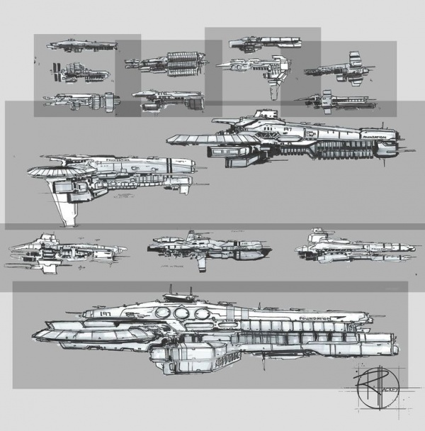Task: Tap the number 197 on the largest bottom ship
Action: (108, 311)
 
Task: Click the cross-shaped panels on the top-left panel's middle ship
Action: (56, 71)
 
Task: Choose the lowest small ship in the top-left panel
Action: (81, 99)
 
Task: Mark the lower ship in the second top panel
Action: (169, 101)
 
